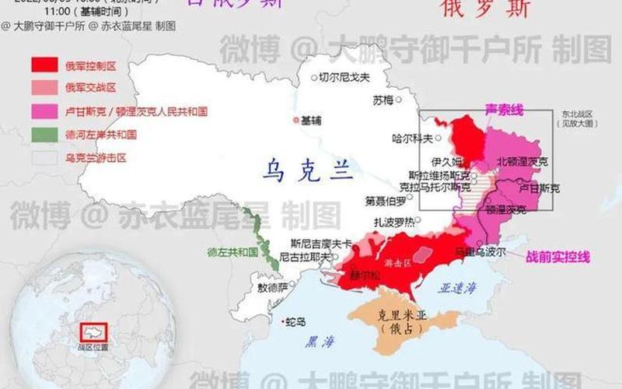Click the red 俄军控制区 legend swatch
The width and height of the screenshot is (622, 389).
(44, 65)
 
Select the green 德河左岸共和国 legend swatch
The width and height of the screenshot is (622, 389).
(44, 135)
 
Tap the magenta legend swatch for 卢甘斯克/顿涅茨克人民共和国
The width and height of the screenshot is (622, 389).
(44, 111)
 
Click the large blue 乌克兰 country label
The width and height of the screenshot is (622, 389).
(308, 169)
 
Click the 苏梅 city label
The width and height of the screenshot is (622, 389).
(383, 100)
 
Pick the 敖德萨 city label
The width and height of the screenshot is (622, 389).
(272, 286)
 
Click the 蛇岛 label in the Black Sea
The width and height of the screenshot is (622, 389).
(295, 321)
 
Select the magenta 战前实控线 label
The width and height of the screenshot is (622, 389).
(558, 257)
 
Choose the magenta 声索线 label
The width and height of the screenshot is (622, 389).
(504, 110)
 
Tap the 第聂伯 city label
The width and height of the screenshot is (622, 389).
(386, 201)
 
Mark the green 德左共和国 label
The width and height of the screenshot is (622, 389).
(232, 251)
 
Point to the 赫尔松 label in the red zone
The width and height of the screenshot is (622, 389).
(365, 275)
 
